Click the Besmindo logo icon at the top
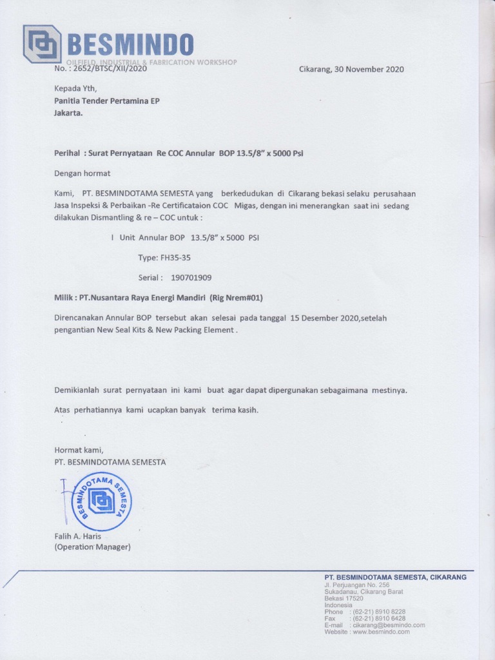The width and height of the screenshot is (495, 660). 42,44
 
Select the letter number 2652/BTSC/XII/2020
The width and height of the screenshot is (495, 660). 110,69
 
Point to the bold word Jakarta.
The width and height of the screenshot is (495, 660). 68,113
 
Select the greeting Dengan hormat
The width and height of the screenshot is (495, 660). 82,173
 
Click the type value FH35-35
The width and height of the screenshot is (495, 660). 173,257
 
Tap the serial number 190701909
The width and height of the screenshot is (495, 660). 191,277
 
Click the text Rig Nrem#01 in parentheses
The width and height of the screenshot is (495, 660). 237,298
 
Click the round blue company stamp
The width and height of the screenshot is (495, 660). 101,501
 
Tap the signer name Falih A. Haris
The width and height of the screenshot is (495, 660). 77,536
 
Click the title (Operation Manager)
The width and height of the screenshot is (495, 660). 92,547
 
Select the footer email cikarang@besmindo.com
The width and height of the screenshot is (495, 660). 387,625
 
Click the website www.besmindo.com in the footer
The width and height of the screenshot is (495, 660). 381,632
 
